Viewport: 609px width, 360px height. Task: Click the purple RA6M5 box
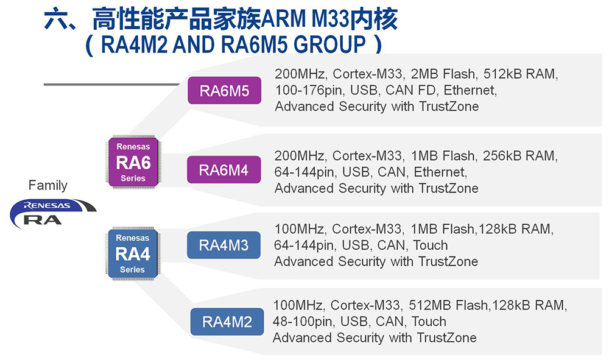(224, 91)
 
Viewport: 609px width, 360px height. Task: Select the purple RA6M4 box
(224, 170)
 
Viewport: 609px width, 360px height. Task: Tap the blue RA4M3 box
(224, 245)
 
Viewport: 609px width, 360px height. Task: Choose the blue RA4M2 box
(227, 322)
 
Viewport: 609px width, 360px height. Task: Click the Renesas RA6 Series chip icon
(133, 163)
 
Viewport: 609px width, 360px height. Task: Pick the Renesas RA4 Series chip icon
(133, 253)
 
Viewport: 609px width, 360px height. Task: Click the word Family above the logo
(48, 185)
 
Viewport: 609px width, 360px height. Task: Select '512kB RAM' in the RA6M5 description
(520, 75)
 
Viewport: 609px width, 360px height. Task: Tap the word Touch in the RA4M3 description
(430, 245)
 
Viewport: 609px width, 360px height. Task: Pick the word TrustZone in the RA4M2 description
(446, 337)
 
